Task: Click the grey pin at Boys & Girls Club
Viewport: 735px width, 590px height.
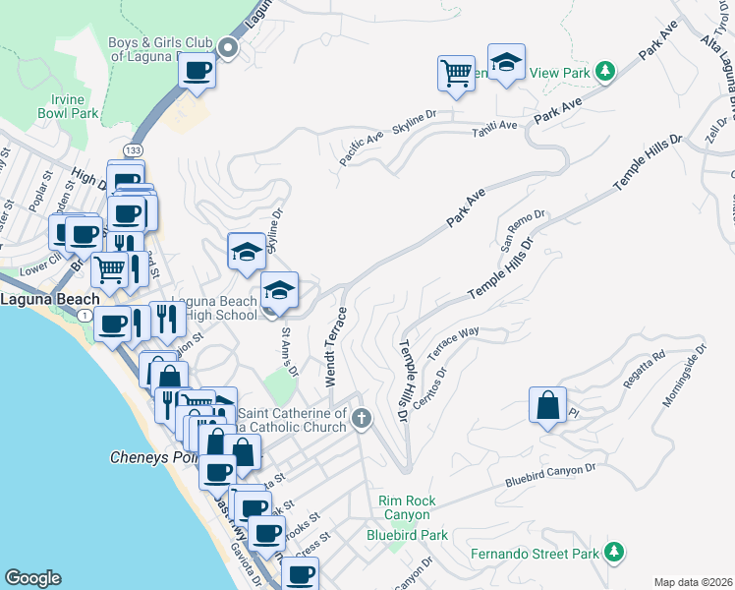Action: tap(229, 47)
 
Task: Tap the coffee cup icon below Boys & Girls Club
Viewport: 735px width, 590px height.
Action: tap(198, 72)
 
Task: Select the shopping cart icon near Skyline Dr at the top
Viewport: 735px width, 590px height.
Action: tap(456, 73)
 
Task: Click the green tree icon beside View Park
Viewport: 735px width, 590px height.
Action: tap(606, 71)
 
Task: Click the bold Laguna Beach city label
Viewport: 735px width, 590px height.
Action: tap(49, 299)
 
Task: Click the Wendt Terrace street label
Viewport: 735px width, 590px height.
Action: tap(331, 347)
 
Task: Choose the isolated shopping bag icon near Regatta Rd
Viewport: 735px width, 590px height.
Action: tap(547, 405)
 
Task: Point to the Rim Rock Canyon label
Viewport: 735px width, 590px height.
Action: tap(406, 507)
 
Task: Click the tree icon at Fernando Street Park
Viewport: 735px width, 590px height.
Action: tap(614, 553)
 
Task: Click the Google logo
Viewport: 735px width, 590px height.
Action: tap(33, 578)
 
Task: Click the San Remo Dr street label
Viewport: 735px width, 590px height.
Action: tap(525, 224)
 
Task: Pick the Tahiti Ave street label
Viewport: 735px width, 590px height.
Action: tap(494, 127)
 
